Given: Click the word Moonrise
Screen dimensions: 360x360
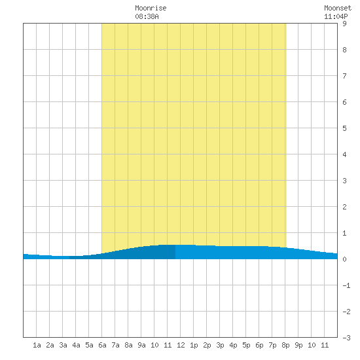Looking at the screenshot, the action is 151,8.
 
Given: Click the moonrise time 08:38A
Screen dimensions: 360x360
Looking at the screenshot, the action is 147,16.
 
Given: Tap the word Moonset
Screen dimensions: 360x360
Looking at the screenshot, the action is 338,8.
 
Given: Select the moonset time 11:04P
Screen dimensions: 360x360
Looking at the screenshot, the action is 336,16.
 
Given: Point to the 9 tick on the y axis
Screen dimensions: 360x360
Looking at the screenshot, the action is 344,24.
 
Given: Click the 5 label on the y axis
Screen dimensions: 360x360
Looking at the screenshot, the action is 344,128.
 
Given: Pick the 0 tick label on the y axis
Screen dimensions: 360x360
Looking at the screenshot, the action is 344,259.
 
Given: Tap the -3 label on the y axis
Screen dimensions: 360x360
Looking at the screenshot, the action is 346,338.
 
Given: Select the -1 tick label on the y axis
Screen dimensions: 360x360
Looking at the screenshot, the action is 346,285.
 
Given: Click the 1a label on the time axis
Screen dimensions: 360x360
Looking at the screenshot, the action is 37,345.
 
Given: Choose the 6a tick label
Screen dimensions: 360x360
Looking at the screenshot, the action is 102,345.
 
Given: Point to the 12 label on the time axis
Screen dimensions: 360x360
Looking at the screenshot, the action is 181,345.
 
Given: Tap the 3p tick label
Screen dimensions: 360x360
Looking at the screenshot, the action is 220,345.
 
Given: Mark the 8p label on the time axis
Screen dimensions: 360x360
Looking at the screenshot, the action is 285,345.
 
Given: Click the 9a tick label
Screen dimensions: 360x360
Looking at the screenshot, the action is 141,345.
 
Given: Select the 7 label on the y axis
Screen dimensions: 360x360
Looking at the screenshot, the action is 344,76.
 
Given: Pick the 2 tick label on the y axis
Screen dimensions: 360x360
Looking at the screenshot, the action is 344,207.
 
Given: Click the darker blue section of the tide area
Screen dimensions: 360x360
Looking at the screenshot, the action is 137,253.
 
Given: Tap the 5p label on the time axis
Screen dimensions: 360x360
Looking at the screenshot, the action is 246,345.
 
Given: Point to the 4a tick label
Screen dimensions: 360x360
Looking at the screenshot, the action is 76,345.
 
